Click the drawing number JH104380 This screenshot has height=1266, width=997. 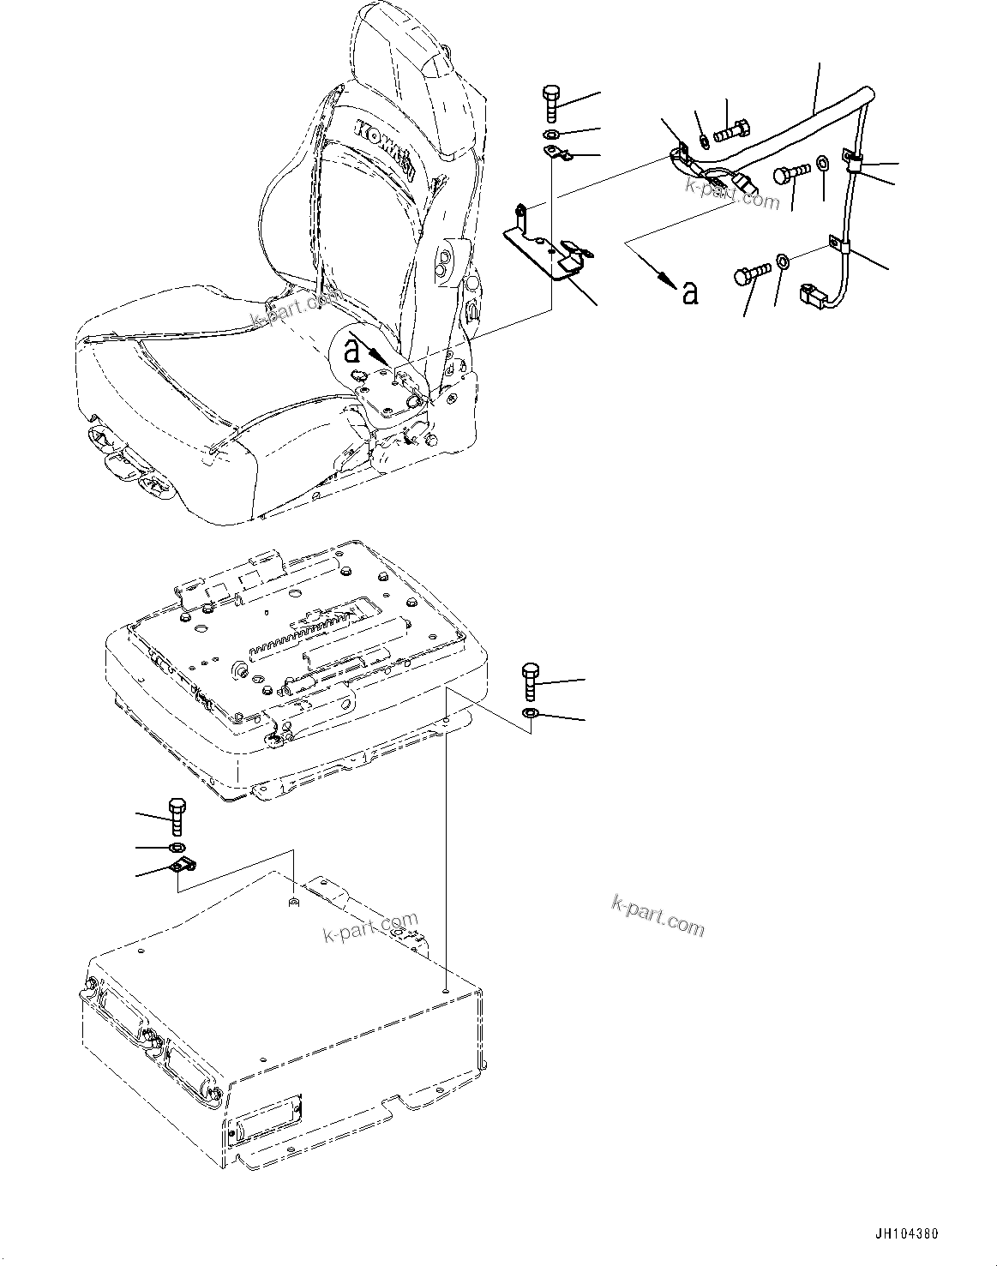[905, 1234]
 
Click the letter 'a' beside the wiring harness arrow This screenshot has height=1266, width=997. [689, 293]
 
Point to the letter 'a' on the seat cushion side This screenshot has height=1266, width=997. [351, 350]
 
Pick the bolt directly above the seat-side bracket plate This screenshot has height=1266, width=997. [550, 105]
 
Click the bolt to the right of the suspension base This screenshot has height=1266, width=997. [530, 683]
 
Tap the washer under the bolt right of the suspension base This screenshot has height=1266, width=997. [530, 714]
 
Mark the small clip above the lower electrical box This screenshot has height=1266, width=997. [182, 867]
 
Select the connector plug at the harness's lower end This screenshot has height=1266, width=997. [813, 296]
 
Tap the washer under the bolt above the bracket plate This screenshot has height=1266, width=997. [550, 135]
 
